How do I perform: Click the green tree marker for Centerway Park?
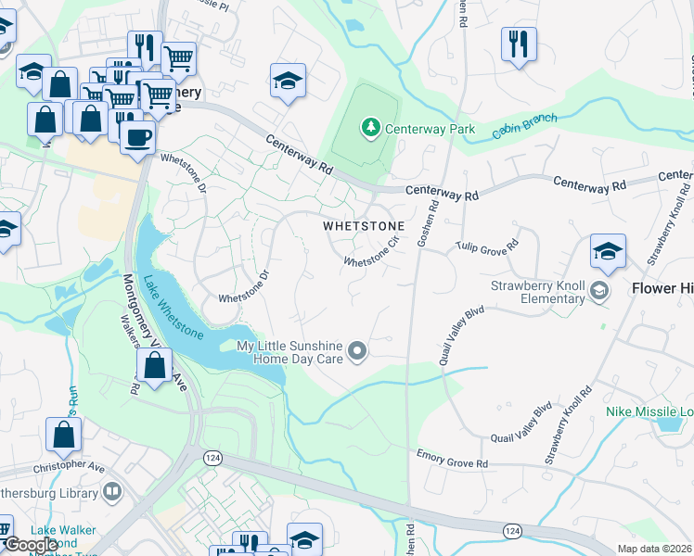(371, 127)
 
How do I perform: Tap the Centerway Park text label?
(430, 129)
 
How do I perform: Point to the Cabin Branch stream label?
(526, 124)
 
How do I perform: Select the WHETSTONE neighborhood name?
(363, 226)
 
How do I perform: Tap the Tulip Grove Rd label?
(486, 247)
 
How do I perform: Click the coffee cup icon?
(138, 137)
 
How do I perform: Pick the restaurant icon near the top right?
(519, 43)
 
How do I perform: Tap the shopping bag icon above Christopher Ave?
(63, 434)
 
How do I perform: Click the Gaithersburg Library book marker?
(112, 490)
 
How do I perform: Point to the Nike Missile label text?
(648, 411)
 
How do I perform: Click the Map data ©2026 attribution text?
(652, 548)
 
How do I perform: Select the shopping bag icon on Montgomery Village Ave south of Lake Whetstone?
(154, 365)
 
